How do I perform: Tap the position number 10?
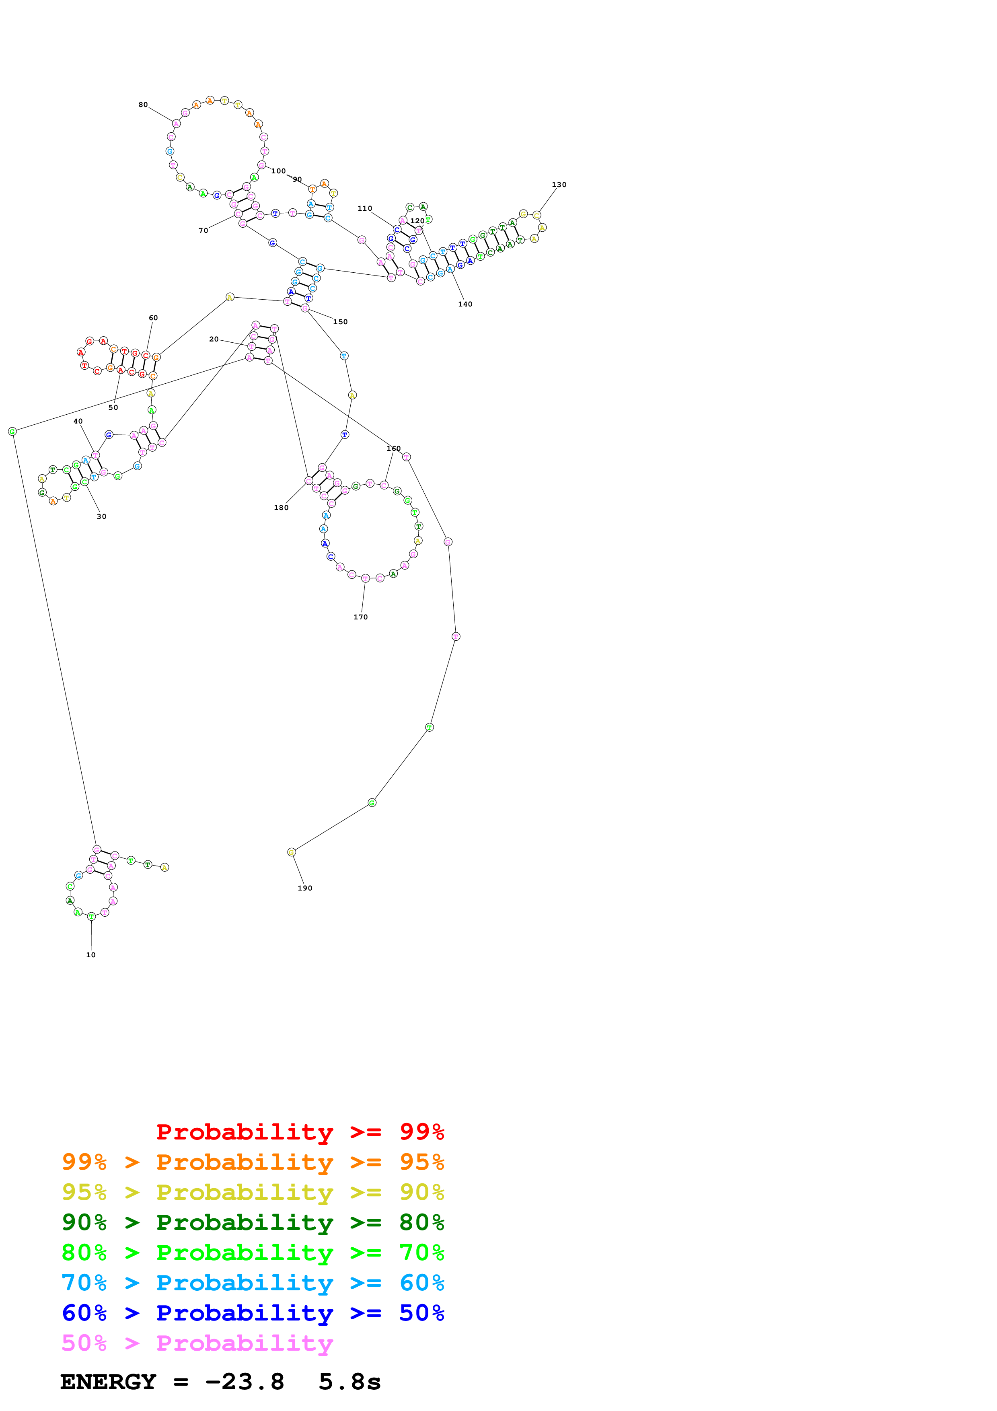tap(91, 954)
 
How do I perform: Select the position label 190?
tap(305, 887)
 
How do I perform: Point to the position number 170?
tap(361, 616)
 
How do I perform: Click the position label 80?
tap(143, 105)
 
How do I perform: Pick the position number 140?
tap(465, 304)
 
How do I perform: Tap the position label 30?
tap(101, 516)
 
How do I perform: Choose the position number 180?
tap(281, 507)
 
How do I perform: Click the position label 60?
tap(153, 318)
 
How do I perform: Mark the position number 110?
tap(364, 208)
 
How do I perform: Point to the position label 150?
tap(340, 321)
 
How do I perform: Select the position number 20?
tap(214, 339)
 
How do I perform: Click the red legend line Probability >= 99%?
tap(300, 1131)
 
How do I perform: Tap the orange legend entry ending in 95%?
tap(253, 1162)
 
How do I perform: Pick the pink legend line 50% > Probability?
tap(197, 1343)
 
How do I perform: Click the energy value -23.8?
tap(245, 1382)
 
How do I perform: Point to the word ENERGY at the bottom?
tap(108, 1382)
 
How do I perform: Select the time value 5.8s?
tap(349, 1382)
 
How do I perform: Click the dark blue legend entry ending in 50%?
tap(253, 1313)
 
